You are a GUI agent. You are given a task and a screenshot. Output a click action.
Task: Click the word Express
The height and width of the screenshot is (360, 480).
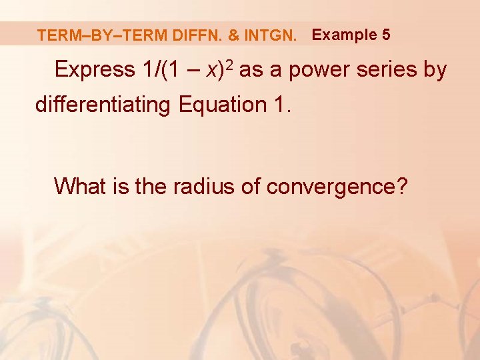(95, 69)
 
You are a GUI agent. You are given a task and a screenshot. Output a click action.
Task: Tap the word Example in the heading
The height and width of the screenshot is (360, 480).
(344, 34)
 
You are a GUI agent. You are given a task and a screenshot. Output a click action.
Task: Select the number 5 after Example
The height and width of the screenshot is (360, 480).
(387, 34)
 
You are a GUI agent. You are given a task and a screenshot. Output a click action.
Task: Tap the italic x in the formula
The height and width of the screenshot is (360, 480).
(215, 70)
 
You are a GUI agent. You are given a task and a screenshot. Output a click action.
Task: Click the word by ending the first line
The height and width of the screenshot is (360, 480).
(434, 70)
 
